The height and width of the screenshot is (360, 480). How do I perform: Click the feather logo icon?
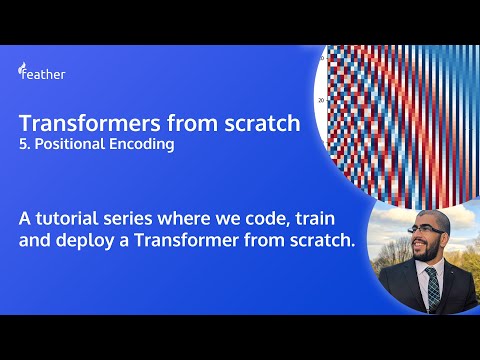(22, 71)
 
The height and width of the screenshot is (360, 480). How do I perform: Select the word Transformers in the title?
(74, 125)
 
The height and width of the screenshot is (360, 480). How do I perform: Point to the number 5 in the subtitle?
(22, 145)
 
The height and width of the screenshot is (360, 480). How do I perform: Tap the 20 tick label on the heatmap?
(321, 100)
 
